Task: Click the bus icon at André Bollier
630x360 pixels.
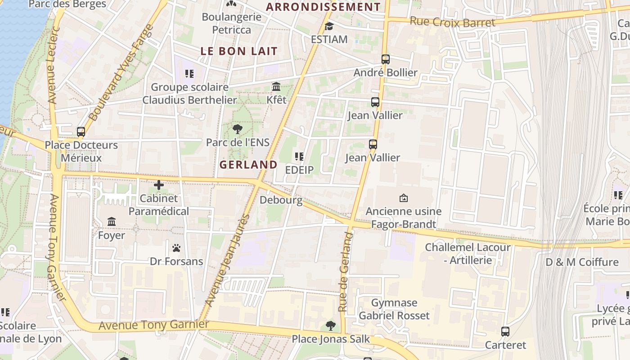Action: (385, 59)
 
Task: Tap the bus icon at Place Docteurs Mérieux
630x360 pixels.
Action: (81, 132)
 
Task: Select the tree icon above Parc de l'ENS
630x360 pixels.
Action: (238, 130)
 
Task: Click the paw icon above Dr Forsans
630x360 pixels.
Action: (176, 248)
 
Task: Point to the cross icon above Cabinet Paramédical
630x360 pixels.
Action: (158, 185)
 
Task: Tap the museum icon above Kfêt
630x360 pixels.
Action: (276, 86)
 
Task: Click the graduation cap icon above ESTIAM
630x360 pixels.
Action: (329, 26)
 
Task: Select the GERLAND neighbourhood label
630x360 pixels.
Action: (248, 165)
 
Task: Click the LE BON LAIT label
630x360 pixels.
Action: (239, 51)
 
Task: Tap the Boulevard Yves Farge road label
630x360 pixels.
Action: (121, 73)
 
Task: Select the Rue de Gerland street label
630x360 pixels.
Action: (345, 272)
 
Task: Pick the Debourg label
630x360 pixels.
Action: (281, 200)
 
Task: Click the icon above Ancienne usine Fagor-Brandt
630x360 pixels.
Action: (404, 198)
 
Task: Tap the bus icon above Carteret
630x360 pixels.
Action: (505, 332)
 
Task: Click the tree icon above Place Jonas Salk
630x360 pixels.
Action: (331, 325)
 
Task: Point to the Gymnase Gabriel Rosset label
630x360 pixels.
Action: (394, 309)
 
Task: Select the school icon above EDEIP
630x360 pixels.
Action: (299, 157)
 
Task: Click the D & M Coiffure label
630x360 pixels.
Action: (582, 262)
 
